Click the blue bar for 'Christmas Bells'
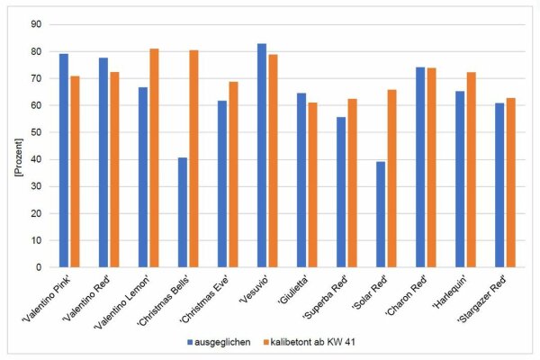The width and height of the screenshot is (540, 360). (x=183, y=212)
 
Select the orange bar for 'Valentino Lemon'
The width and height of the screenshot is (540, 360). (x=154, y=157)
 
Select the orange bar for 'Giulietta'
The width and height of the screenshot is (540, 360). (x=312, y=184)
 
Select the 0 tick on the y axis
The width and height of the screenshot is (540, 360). (x=37, y=267)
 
